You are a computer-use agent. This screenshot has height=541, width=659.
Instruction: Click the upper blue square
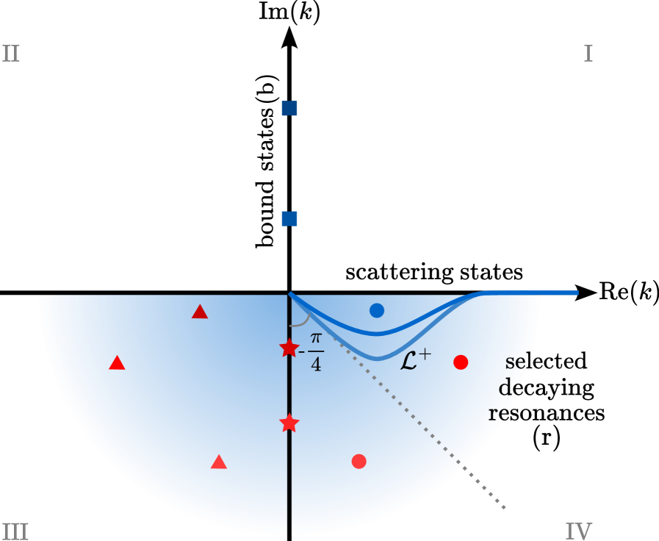pos(289,109)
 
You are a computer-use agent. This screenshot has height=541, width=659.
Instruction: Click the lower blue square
pos(289,218)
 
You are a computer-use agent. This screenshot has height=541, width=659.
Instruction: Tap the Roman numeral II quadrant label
pos(11,54)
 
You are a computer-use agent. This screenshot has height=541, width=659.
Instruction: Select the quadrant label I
pos(588,54)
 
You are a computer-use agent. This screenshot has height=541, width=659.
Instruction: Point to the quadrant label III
pos(15,531)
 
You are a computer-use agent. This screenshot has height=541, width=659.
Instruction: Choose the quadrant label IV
pos(578,531)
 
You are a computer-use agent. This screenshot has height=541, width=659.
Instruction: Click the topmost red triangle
pos(200,312)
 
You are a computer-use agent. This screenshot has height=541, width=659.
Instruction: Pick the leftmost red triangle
pos(117,363)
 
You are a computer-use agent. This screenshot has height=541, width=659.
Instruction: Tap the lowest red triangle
pos(218,462)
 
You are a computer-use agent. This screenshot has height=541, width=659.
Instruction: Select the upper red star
pos(289,348)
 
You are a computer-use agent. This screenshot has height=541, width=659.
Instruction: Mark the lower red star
pos(289,423)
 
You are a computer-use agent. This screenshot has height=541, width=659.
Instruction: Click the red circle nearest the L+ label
pos(461,362)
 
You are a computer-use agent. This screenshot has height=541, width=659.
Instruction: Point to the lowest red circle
pos(359,461)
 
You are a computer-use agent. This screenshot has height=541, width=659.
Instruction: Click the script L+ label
pos(415,360)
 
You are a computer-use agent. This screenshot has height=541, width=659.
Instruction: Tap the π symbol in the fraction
pos(316,339)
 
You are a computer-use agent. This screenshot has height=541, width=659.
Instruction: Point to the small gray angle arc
pos(300,321)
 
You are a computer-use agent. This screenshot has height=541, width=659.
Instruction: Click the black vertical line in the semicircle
pos(289,478)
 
